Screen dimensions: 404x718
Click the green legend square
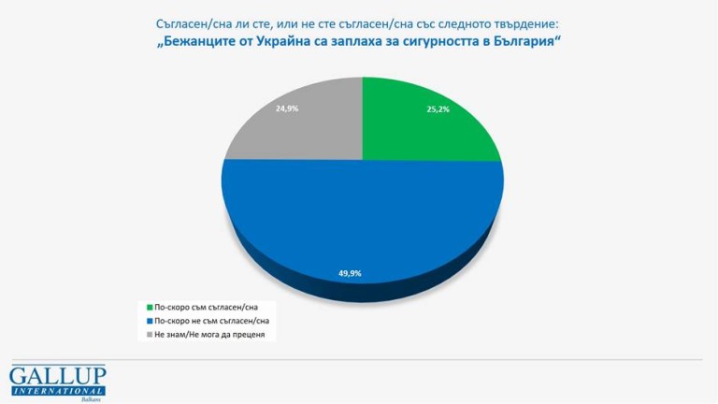tap(150, 306)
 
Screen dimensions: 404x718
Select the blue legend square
tap(150, 320)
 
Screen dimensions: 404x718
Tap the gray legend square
tap(150, 334)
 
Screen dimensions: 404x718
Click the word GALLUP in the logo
tap(57, 374)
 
